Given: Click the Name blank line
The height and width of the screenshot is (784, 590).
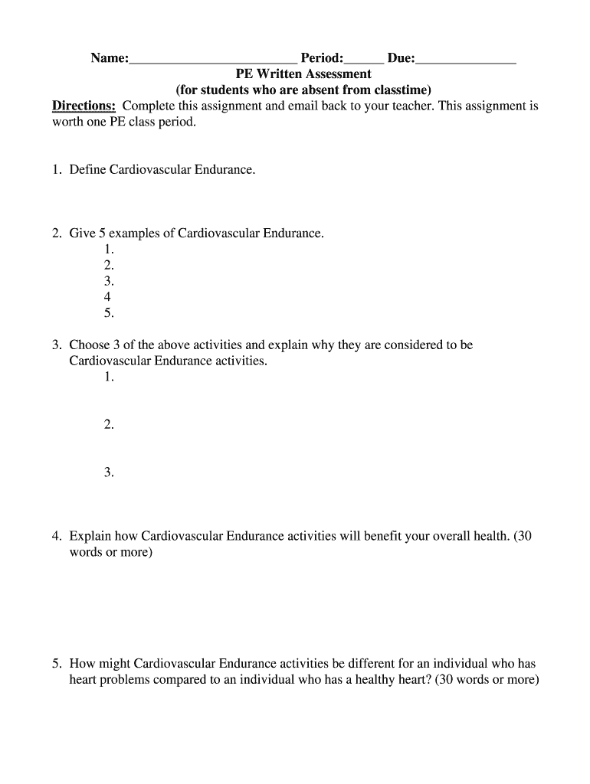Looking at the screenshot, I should [212, 60].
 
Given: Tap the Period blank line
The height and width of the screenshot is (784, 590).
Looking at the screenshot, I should [363, 60].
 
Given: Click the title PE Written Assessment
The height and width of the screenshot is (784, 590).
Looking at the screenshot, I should [303, 74].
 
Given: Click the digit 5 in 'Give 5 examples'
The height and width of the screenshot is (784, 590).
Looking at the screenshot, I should [101, 233].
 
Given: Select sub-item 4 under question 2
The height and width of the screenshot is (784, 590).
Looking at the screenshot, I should [107, 297].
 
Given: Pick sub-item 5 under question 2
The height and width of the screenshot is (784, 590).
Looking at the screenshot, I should [109, 313].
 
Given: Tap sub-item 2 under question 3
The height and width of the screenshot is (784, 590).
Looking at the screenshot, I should [109, 425].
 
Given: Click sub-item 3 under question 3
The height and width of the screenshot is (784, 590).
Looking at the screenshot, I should [109, 473].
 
